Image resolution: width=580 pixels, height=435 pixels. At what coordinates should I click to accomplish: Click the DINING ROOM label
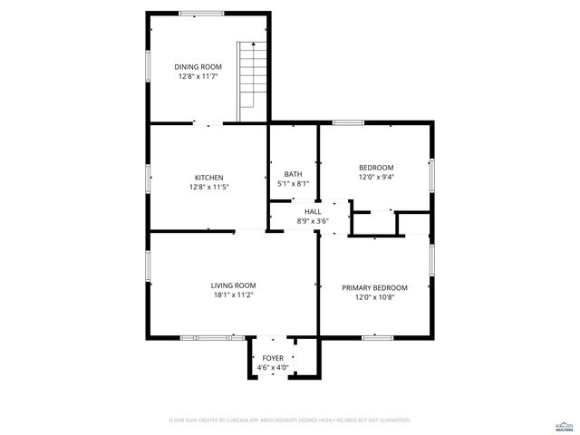point(198,66)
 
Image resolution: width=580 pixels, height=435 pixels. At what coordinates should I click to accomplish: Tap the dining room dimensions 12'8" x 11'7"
point(198,77)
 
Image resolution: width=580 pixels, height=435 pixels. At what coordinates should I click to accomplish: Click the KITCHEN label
point(209,177)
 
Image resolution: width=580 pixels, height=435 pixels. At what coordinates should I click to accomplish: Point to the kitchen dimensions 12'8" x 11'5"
point(209,188)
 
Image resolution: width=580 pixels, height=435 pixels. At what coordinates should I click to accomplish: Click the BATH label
point(293,174)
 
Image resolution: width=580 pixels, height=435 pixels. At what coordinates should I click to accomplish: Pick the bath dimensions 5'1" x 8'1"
point(293,185)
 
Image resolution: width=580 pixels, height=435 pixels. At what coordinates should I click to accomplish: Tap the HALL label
point(313,211)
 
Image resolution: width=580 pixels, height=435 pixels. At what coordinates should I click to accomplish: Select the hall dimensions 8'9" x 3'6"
point(313,221)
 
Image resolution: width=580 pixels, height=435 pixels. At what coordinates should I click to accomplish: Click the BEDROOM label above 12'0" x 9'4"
point(376,167)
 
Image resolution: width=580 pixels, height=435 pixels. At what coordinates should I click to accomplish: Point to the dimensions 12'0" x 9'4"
point(376,178)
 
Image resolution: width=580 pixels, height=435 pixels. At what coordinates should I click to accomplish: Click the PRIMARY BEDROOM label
point(374,287)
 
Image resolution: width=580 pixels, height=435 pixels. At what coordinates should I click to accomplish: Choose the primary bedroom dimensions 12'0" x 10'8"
point(374,298)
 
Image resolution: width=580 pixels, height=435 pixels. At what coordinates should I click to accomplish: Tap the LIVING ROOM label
point(234,285)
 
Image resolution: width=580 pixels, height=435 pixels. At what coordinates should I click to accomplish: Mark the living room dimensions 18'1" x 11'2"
point(234,295)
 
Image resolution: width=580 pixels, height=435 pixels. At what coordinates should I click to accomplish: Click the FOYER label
point(272,359)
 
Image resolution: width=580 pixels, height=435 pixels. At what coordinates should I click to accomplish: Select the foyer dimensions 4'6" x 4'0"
point(272,369)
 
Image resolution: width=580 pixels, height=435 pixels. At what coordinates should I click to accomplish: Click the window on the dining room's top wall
point(196,13)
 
